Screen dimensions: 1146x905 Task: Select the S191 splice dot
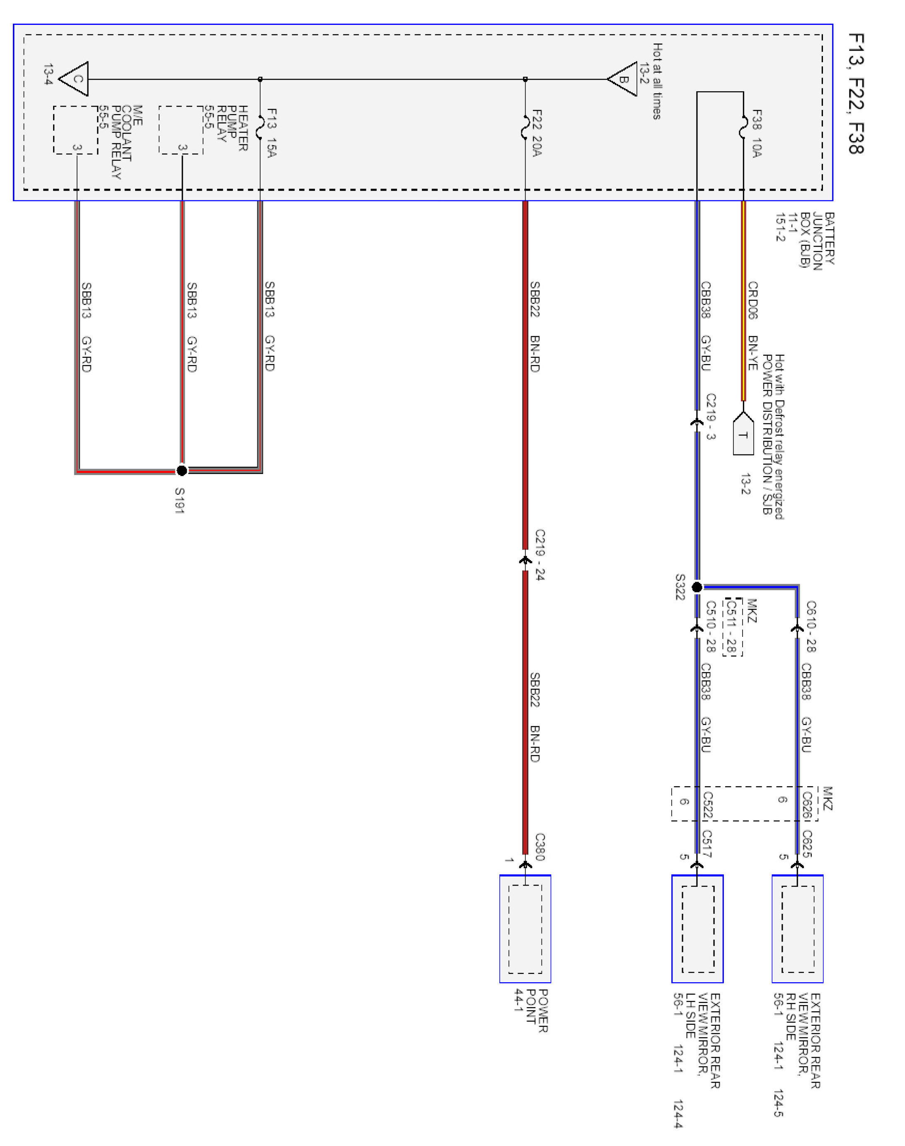(182, 470)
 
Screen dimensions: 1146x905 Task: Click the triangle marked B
(624, 80)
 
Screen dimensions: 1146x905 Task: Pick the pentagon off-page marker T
(743, 434)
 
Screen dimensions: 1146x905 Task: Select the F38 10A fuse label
(757, 133)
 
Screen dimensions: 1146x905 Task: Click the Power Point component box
(525, 929)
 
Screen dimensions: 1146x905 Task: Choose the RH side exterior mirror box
(797, 929)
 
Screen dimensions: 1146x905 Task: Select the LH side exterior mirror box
(697, 929)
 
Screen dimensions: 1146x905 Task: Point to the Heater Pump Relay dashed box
(181, 130)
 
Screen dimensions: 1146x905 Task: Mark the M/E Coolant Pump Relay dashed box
(76, 130)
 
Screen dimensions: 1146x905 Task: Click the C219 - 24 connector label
(540, 554)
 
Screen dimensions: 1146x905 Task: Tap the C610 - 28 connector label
(811, 626)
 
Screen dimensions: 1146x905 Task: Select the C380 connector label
(540, 847)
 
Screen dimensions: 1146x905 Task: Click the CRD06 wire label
(753, 300)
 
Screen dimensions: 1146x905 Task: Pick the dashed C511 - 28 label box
(732, 627)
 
